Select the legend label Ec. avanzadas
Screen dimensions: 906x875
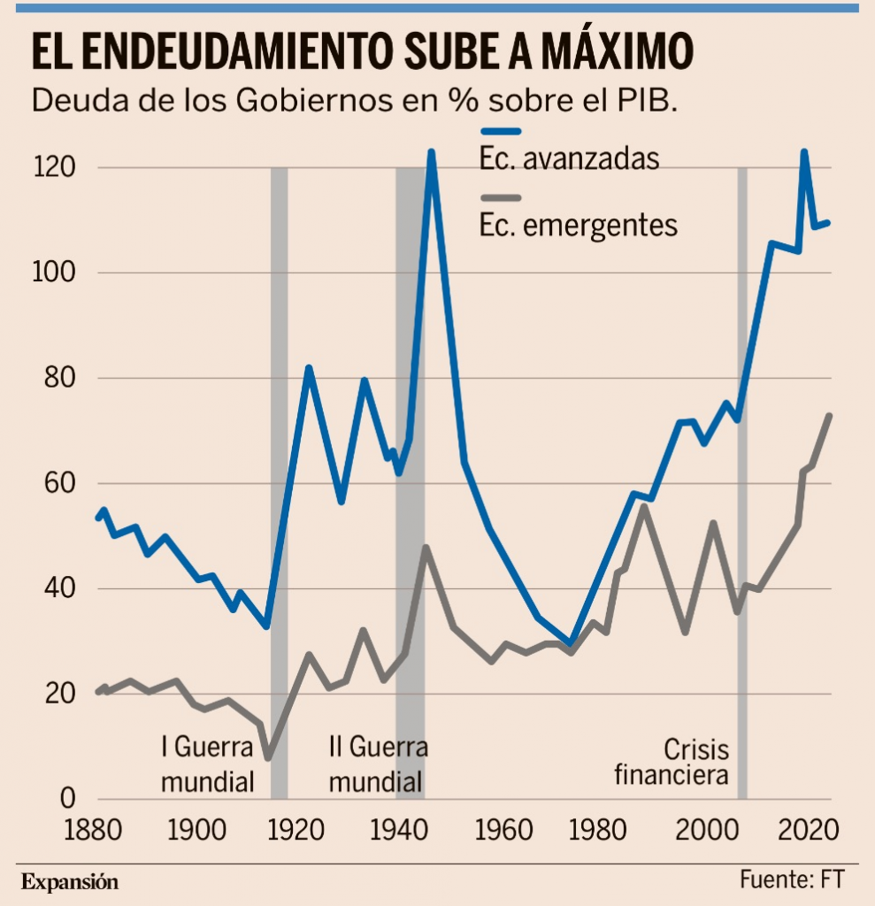tap(569, 159)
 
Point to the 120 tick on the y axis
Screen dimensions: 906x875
tap(57, 168)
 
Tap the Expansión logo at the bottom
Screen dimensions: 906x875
tap(69, 881)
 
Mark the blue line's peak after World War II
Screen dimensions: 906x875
tap(432, 152)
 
